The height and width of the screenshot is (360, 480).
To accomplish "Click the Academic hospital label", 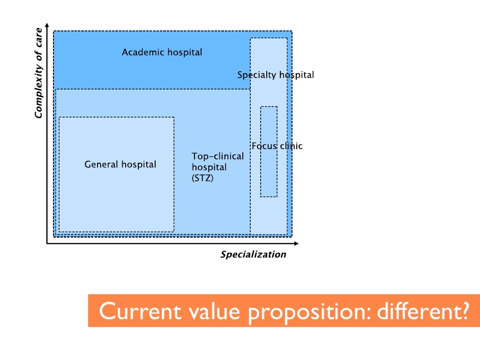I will [162, 52].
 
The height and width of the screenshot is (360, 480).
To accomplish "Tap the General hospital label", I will [120, 165].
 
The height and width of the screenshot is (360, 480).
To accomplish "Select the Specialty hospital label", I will [275, 75].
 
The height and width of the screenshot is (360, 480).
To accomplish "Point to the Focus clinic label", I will [277, 146].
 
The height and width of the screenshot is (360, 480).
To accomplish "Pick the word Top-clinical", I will [218, 157].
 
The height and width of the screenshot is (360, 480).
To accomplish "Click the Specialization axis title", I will [253, 255].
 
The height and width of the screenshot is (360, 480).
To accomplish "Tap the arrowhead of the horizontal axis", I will [296, 244].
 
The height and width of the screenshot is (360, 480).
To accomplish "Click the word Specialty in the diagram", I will [256, 75].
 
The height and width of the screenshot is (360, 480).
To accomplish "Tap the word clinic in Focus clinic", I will [291, 146].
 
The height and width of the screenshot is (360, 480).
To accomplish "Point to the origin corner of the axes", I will [47, 244].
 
